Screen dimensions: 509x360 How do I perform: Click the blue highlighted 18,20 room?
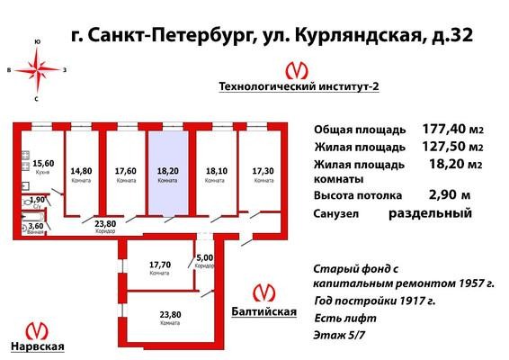pos(168,173)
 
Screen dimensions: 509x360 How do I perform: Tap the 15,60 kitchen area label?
pos(43,163)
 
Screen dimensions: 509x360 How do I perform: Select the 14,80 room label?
pos(81,171)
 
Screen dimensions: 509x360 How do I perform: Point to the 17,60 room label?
pos(126,171)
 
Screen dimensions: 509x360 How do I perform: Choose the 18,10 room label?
pos(217,171)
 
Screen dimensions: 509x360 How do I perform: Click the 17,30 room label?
pos(263,171)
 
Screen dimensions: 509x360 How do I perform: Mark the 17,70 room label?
pos(160,265)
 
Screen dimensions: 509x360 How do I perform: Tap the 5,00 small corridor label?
pos(205,258)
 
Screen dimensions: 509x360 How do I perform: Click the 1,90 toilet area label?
pos(37,200)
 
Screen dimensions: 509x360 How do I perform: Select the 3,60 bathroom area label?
pos(36,226)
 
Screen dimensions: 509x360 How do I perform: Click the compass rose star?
pos(38,69)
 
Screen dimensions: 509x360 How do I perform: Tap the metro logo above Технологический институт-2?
pos(297,71)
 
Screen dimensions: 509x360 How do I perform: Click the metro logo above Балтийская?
pos(263,292)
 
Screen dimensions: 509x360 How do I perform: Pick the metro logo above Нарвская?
pos(37,331)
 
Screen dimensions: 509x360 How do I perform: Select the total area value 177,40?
pos(443,129)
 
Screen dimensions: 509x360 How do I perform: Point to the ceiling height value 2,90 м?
pos(450,195)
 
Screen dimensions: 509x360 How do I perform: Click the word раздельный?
pos(431,213)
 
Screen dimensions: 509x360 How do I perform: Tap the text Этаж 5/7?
pos(339,335)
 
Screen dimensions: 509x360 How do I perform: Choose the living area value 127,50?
pos(443,147)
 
